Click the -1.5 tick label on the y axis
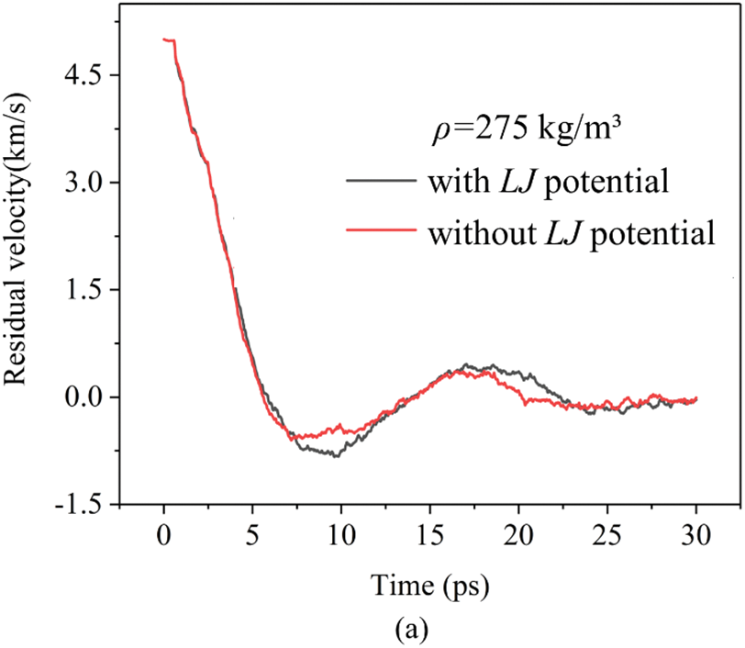84,504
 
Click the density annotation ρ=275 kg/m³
527,129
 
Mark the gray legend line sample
381,181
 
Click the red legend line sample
381,231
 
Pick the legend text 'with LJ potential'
547,181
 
